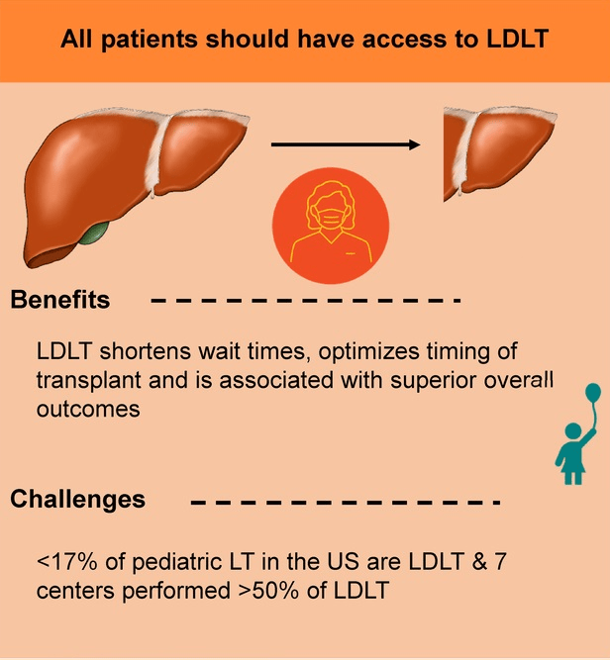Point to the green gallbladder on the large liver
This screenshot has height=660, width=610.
(x=96, y=235)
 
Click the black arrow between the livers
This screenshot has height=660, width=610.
(x=346, y=144)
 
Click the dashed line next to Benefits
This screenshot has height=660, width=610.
(x=307, y=300)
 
